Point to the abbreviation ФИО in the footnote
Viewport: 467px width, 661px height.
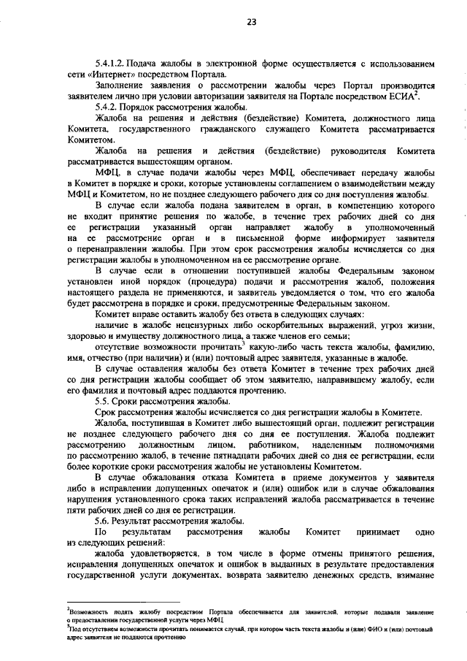[x=363, y=630]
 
